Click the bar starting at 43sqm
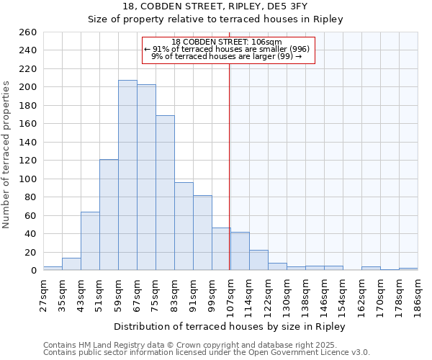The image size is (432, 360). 90,241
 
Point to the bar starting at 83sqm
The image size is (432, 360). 184,226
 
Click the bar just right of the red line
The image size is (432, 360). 240,251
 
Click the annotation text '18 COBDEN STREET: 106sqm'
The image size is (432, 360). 227,42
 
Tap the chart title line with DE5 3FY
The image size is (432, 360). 215,6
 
